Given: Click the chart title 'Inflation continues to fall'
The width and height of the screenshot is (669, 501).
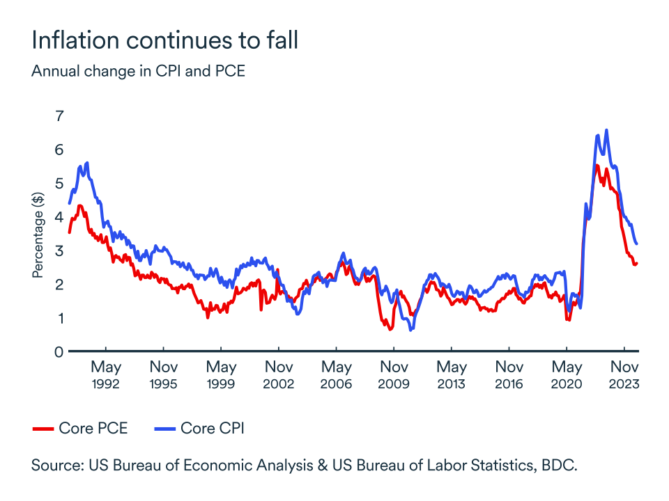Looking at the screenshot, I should pos(164,40).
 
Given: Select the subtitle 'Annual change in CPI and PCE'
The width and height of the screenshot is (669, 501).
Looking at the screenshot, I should pos(138,71).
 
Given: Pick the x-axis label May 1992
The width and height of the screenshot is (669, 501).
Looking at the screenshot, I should pos(106,374).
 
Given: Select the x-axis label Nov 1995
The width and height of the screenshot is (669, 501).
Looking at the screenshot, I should pos(164,374).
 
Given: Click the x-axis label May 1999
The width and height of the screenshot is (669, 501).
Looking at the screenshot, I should pos(222,374).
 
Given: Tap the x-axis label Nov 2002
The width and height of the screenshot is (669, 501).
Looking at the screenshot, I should pos(279,374).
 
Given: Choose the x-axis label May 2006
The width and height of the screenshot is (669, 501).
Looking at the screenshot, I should pos(337,374).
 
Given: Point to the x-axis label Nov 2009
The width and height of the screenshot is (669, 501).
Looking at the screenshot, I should pos(394,374).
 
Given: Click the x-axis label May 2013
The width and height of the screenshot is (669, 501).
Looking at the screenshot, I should pos(452,374).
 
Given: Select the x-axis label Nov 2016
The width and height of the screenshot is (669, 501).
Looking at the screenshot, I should pos(509,374).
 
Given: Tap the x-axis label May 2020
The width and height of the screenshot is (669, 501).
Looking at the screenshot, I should pos(567,374).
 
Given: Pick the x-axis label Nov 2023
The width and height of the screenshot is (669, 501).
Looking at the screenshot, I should pos(624,374).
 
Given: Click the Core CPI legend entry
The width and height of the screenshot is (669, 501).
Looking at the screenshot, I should pos(198,429).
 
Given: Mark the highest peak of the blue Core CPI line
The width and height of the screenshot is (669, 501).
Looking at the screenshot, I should pos(606,130).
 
